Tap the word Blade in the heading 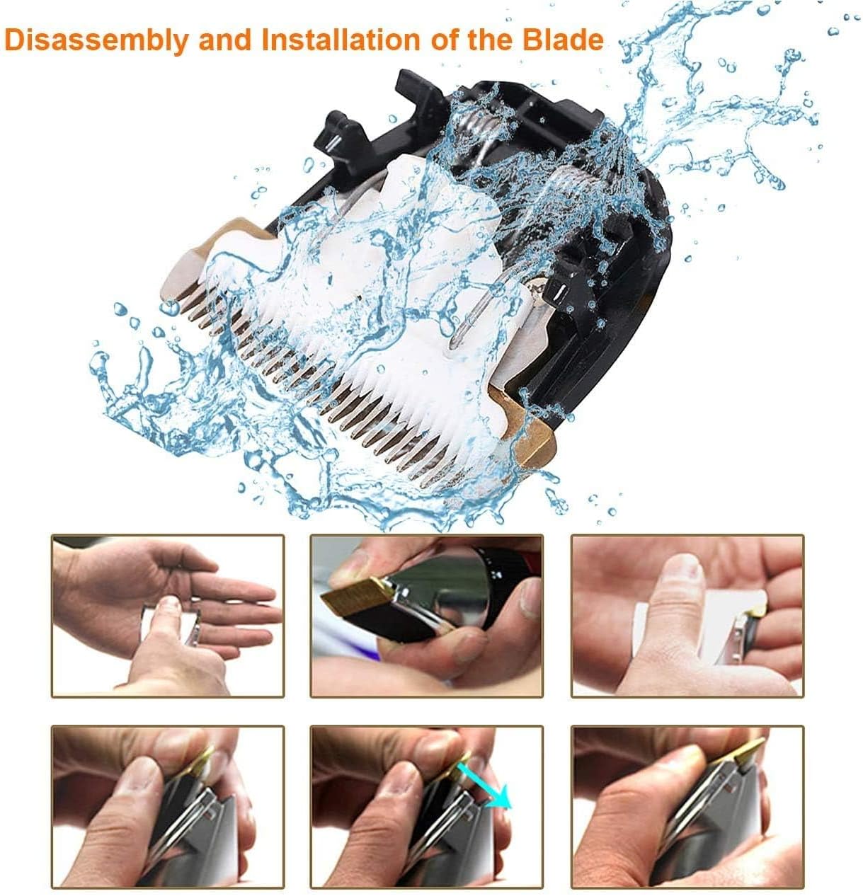562,40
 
